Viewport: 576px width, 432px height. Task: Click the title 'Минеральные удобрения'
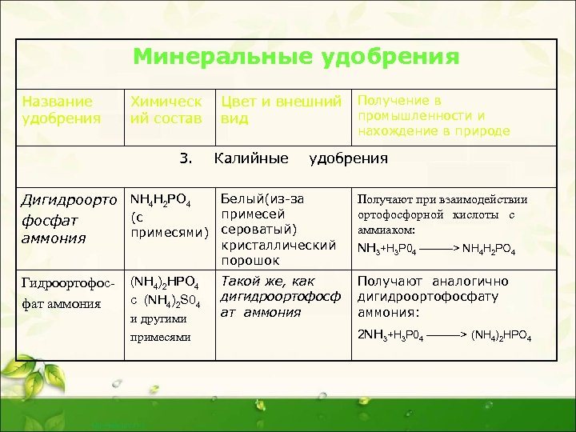pyautogui.click(x=296, y=57)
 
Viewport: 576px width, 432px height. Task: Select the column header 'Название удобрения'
pyautogui.click(x=62, y=110)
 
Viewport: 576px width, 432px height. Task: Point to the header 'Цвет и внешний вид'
pyautogui.click(x=286, y=110)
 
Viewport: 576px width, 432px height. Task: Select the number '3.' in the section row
pyautogui.click(x=187, y=158)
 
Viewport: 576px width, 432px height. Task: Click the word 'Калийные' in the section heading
pyautogui.click(x=252, y=158)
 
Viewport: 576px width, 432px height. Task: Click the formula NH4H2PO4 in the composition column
pyautogui.click(x=159, y=199)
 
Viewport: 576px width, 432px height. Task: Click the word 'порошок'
pyautogui.click(x=250, y=260)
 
